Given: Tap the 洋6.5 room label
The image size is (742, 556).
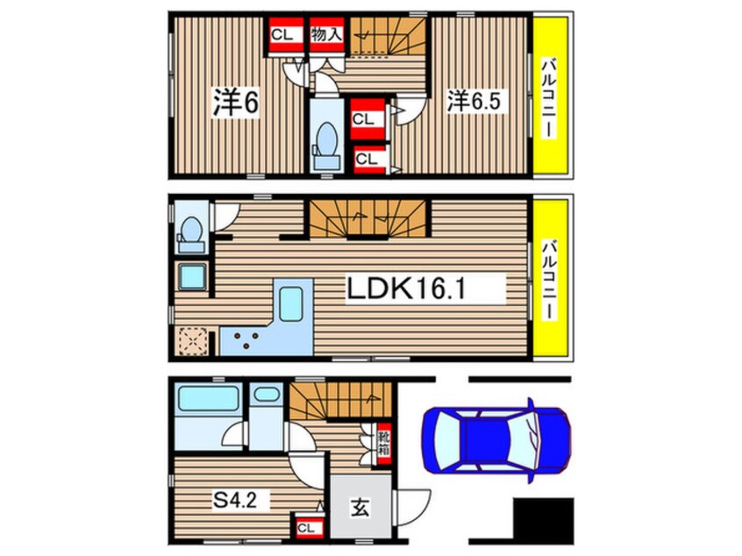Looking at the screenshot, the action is pyautogui.click(x=474, y=101).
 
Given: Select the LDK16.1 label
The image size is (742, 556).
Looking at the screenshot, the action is pyautogui.click(x=406, y=289).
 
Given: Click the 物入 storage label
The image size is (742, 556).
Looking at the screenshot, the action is pyautogui.click(x=326, y=34).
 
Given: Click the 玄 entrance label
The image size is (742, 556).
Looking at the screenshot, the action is pyautogui.click(x=360, y=508).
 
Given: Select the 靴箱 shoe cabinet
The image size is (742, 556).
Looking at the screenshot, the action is pyautogui.click(x=384, y=444).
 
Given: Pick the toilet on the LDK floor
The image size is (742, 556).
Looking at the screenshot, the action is pyautogui.click(x=191, y=235).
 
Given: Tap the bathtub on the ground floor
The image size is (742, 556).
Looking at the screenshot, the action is pyautogui.click(x=207, y=398).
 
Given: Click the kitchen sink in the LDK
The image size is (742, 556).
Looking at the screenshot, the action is pyautogui.click(x=290, y=303).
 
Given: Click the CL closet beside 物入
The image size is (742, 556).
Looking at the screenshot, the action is pyautogui.click(x=286, y=34).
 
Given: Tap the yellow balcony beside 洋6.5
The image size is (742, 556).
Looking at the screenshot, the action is pyautogui.click(x=550, y=96).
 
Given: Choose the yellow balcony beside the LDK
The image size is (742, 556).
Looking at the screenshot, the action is pyautogui.click(x=550, y=278).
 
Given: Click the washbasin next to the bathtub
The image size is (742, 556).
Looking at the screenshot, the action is pyautogui.click(x=267, y=394).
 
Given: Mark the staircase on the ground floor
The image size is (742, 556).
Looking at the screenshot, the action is pyautogui.click(x=340, y=402).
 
